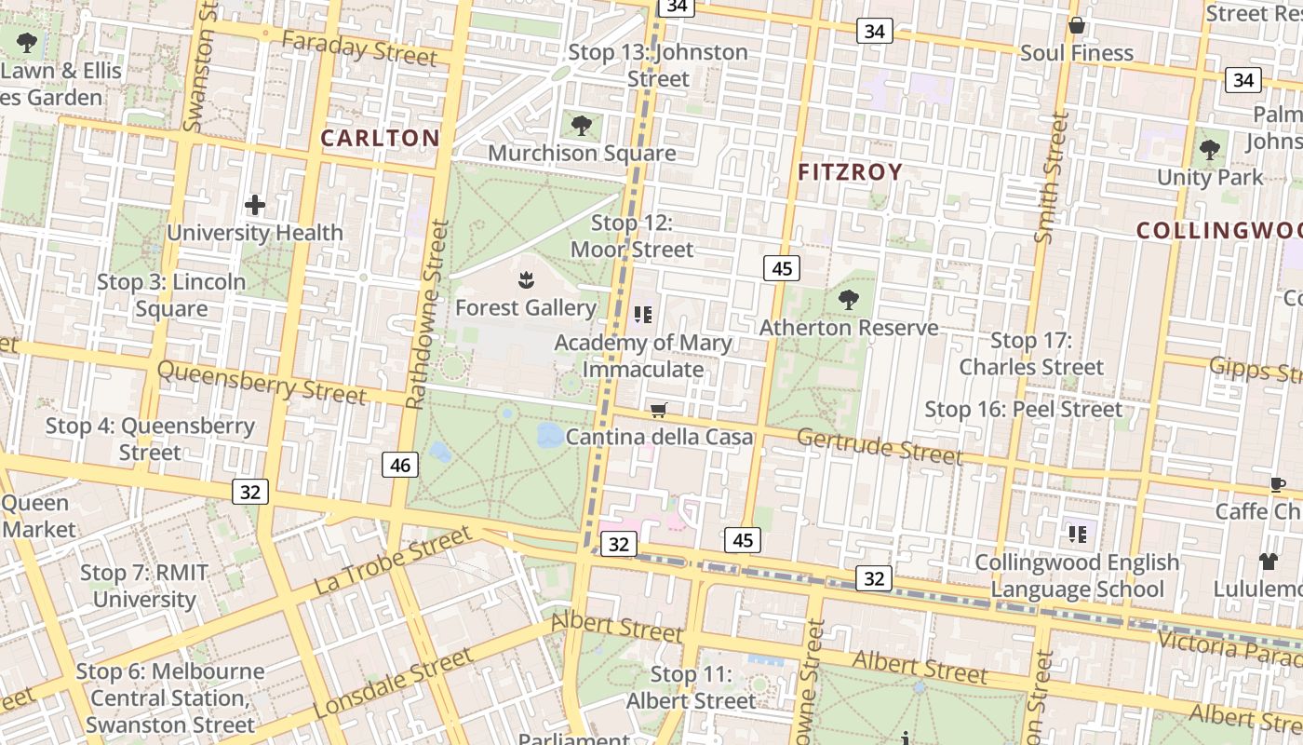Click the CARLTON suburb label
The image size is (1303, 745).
click(x=380, y=139)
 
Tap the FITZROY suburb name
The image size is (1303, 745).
click(x=850, y=172)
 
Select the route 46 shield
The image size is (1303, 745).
click(x=400, y=465)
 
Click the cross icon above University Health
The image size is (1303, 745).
click(x=255, y=205)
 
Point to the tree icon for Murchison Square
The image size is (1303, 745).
click(x=582, y=125)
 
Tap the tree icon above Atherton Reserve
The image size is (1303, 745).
click(x=848, y=299)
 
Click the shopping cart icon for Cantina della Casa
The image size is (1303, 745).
click(x=659, y=410)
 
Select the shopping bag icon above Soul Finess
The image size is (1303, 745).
click(x=1077, y=25)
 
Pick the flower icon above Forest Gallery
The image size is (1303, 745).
click(x=526, y=278)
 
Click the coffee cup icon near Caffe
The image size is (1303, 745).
click(x=1278, y=484)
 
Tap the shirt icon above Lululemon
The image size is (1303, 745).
click(x=1269, y=561)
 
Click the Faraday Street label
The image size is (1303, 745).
click(x=359, y=48)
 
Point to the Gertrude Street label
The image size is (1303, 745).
click(x=880, y=446)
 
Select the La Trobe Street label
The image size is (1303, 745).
click(x=393, y=560)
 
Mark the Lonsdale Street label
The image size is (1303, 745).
click(x=393, y=684)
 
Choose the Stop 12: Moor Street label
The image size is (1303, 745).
click(x=632, y=237)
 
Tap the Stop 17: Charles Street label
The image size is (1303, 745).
click(x=1031, y=354)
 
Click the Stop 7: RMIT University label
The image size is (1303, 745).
click(x=144, y=586)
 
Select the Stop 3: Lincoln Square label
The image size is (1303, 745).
click(x=172, y=295)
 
